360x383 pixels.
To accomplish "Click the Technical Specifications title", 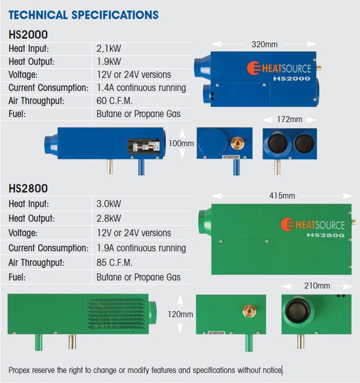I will [83, 15].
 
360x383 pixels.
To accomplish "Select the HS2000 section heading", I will [28, 35].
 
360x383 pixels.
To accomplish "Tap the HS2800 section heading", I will [28, 188].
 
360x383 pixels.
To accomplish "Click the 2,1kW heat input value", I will [109, 49].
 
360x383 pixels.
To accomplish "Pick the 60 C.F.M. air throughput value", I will [114, 101].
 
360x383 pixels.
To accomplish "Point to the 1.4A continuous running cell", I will [141, 88].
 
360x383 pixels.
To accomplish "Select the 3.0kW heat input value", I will [109, 204].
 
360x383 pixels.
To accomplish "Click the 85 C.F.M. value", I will [114, 262].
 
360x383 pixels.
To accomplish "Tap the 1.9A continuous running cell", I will [141, 248].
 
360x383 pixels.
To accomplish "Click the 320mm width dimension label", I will [264, 45].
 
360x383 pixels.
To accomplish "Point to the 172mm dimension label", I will [290, 120].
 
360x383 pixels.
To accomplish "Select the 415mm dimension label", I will [282, 196].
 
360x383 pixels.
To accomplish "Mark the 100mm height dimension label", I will [181, 143].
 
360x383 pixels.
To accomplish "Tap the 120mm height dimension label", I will [180, 315].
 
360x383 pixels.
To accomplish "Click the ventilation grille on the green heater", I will [116, 314].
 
